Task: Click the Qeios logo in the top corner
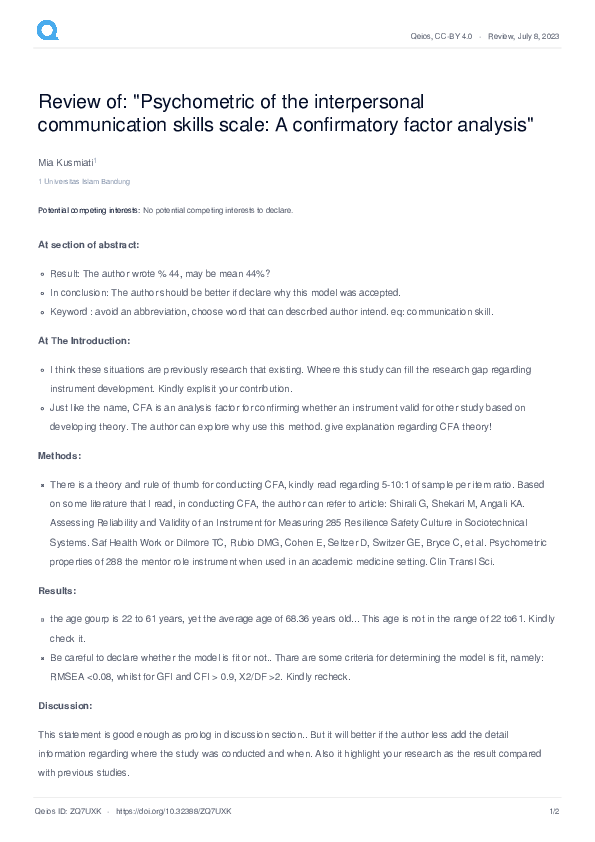47,32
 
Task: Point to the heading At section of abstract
88,245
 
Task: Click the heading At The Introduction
84,341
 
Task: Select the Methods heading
58,455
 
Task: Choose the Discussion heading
64,706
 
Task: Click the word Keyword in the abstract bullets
70,312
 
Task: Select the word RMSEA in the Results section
69,677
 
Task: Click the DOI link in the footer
174,811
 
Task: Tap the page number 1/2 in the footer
553,811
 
